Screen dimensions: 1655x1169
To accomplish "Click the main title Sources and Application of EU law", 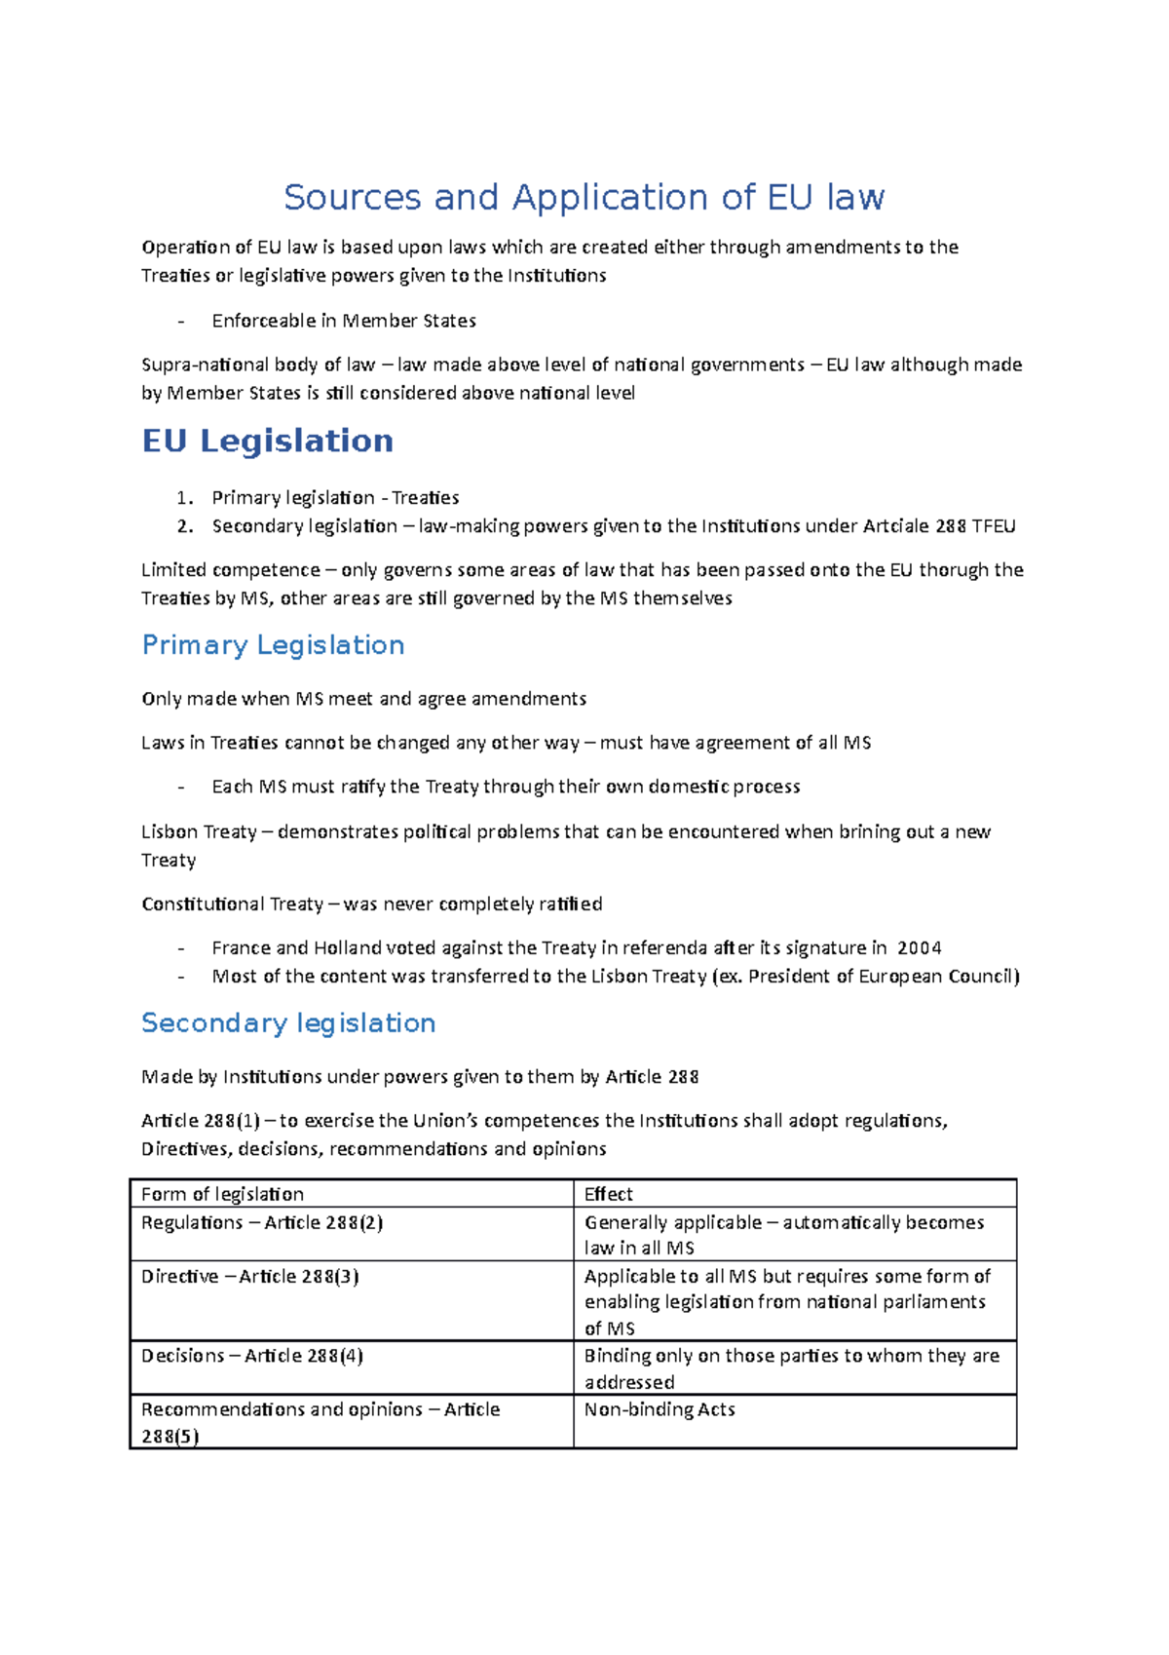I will (x=584, y=198).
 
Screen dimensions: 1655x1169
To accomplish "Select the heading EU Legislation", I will (x=268, y=441).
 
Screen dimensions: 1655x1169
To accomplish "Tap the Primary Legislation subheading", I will (x=273, y=645).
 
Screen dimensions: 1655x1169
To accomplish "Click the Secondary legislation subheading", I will (x=288, y=1023).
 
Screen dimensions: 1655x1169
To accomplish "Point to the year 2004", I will (x=919, y=948).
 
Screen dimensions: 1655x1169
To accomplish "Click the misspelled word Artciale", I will (x=895, y=526).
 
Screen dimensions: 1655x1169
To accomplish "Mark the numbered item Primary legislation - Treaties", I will (x=335, y=498).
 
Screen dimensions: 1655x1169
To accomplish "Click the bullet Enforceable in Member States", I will (x=344, y=321).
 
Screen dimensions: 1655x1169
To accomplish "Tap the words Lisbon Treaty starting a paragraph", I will (x=199, y=832).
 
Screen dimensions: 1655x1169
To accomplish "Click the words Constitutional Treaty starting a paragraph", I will (x=232, y=904).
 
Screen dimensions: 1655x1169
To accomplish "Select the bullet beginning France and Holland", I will (x=575, y=948).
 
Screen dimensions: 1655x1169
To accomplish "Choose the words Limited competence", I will (x=230, y=570).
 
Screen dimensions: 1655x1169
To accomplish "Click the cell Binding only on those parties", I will (x=791, y=1367).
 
